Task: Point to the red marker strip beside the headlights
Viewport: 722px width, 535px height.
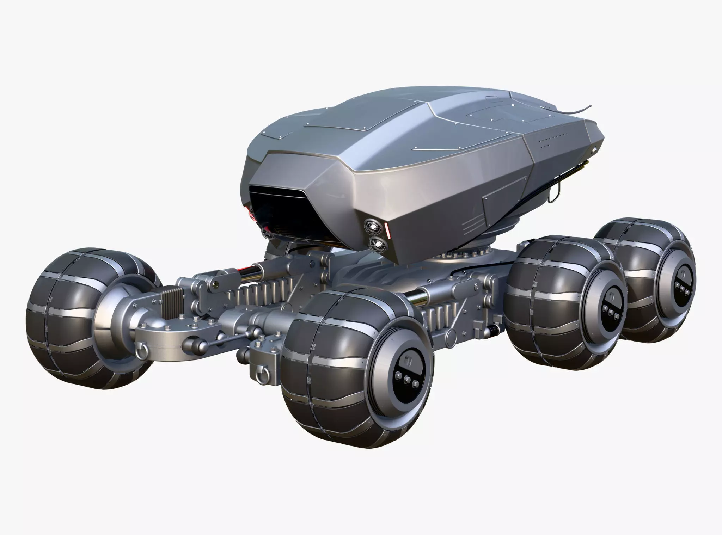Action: coord(387,229)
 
